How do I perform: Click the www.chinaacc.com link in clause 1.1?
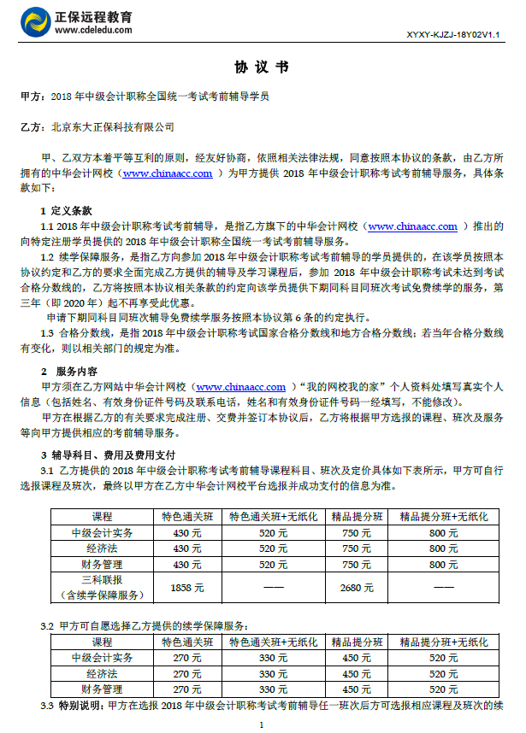pos(417,226)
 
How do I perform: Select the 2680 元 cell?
pos(356,587)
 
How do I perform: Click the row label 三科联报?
pos(102,580)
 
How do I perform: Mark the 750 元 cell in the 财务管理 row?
pos(356,564)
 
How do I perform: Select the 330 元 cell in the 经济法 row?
pos(273,673)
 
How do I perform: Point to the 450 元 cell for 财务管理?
pos(356,689)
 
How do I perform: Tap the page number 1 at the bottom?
pos(262,724)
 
